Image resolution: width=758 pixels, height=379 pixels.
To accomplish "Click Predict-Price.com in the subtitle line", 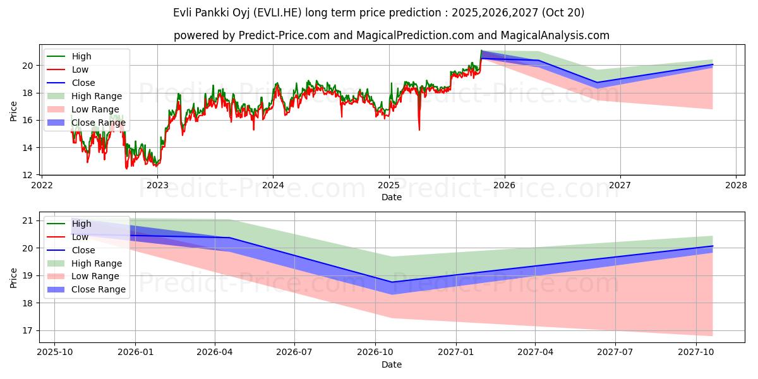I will click(283, 35).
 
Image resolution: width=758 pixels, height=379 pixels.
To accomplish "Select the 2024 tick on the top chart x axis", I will click(273, 184).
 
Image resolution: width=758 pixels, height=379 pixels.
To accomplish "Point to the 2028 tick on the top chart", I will click(736, 184).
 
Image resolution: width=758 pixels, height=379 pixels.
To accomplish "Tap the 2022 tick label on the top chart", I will click(42, 184).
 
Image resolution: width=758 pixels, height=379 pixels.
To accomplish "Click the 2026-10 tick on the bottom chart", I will click(375, 352).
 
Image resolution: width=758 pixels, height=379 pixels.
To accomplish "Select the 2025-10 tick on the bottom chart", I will click(54, 352).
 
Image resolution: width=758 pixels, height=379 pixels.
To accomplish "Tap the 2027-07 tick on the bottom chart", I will click(616, 352).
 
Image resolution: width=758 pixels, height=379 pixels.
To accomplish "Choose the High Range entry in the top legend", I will click(97, 96).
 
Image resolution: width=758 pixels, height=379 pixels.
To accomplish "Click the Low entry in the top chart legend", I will click(80, 69).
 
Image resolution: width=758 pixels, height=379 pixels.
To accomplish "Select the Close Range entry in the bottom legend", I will click(99, 289).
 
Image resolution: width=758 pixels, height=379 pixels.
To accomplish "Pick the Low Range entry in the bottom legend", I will click(95, 276).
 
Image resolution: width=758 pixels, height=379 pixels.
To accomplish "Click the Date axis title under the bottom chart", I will click(392, 364).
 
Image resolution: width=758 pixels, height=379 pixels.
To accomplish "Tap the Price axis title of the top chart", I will click(14, 111).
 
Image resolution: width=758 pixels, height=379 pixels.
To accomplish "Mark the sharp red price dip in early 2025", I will click(419, 129).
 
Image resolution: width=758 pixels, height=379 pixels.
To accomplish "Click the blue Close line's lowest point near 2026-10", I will click(392, 282).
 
